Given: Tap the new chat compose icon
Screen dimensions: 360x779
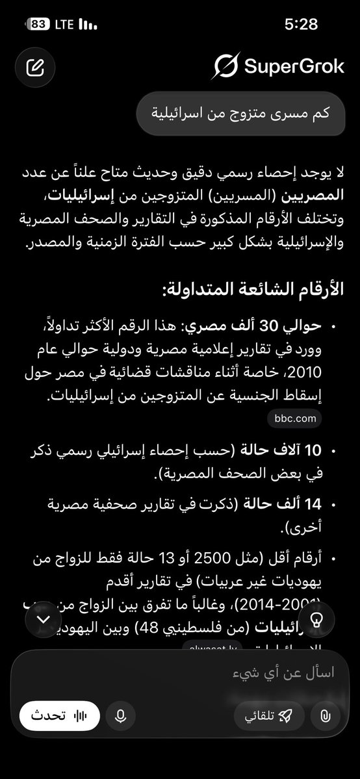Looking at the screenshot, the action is tap(34, 67).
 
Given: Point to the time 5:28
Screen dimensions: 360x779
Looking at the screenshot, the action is tap(301, 25).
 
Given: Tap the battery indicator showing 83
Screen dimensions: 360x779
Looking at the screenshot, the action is tap(38, 25).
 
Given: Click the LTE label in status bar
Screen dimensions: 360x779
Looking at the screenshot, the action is tap(64, 25).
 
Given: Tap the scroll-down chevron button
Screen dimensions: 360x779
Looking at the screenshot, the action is tap(44, 619).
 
